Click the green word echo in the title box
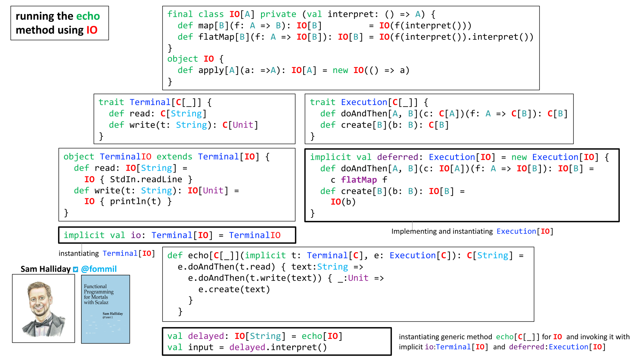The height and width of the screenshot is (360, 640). [88, 16]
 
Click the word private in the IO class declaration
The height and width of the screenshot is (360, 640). [278, 14]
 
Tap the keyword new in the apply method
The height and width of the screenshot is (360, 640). [340, 70]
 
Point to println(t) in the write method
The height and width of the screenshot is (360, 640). [135, 201]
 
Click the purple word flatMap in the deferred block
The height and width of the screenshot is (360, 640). [359, 180]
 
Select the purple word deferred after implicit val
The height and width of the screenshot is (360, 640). [398, 157]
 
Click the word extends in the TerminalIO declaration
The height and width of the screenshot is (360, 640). [174, 157]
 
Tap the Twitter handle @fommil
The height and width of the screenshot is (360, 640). [99, 269]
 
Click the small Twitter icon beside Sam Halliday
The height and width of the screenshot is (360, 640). [75, 269]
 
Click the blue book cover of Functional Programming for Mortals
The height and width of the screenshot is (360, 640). [105, 309]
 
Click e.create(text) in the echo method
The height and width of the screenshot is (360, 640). [234, 289]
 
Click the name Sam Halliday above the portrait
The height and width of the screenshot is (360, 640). [45, 269]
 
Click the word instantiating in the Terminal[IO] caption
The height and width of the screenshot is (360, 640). [78, 254]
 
